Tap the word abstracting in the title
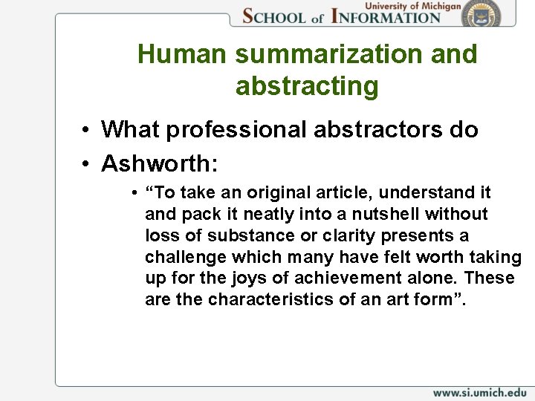[x=307, y=86]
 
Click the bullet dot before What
[x=87, y=131]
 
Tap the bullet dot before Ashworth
[x=87, y=163]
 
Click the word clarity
[x=331, y=235]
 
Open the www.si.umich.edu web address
[x=479, y=392]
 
